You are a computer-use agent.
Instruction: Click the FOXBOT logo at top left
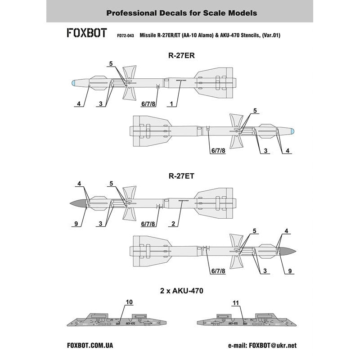point(86,34)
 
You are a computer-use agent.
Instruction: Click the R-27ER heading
point(180,56)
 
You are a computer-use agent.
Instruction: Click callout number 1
point(171,104)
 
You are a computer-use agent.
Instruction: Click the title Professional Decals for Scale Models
point(180,13)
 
